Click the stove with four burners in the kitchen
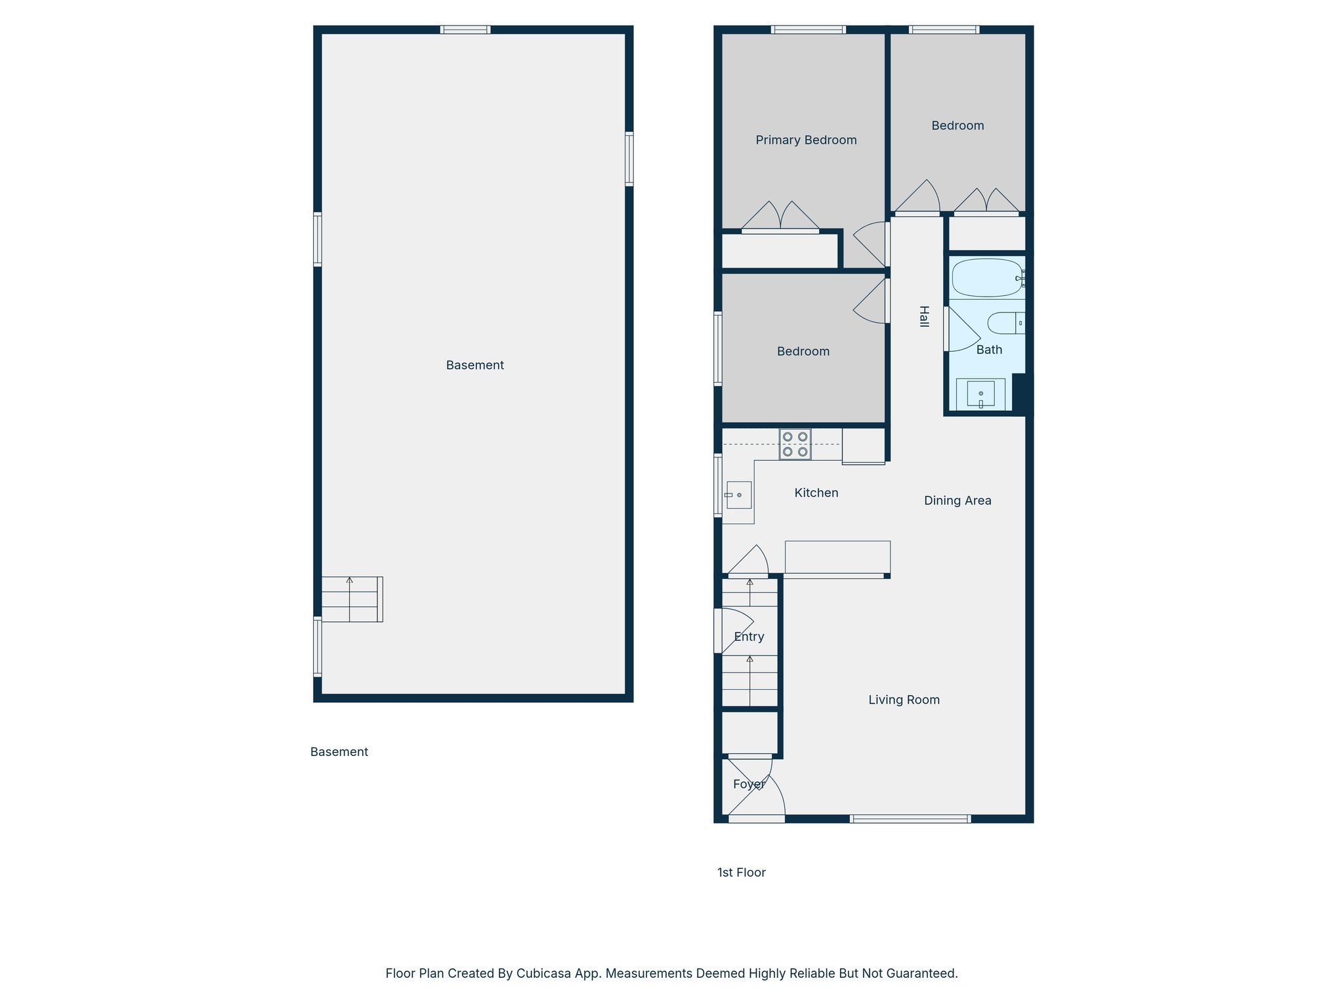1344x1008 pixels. click(x=795, y=444)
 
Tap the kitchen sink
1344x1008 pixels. click(x=739, y=495)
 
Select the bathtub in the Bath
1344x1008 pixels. click(x=987, y=278)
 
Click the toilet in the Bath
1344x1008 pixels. click(x=1005, y=323)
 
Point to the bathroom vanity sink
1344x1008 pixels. click(x=980, y=394)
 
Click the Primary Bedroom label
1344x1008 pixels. click(x=806, y=140)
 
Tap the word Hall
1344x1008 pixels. click(x=924, y=316)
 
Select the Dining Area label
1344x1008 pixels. click(x=957, y=501)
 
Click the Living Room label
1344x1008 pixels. click(x=904, y=700)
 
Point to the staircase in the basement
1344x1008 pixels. click(x=352, y=599)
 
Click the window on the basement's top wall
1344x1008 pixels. click(x=465, y=30)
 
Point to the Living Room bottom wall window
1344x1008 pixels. click(x=910, y=818)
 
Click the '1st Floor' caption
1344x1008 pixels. click(x=741, y=872)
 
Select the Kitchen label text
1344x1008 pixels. click(x=816, y=493)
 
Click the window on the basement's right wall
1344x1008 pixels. click(x=629, y=159)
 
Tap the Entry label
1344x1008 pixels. click(x=749, y=637)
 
